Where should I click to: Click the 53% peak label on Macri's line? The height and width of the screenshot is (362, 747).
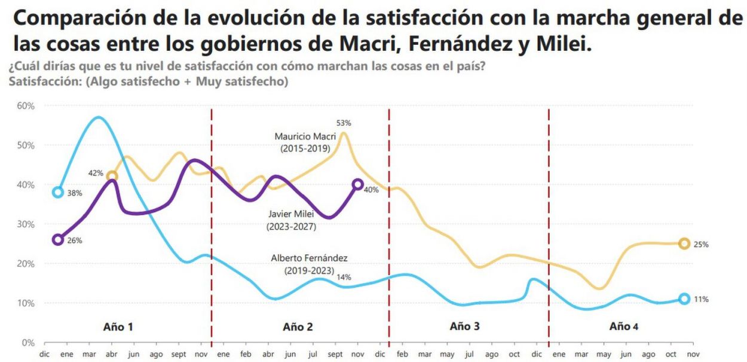(344, 123)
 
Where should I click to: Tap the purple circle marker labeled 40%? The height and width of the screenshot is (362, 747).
(357, 185)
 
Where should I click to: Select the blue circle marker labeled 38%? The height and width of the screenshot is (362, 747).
(58, 192)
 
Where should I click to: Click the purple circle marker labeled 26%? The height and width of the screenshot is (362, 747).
(58, 239)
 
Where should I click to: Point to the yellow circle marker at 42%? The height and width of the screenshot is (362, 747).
(112, 176)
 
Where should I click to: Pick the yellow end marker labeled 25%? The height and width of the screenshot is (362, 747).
(684, 244)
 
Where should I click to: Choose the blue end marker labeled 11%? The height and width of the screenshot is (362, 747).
(684, 299)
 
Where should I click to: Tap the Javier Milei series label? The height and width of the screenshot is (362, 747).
(291, 220)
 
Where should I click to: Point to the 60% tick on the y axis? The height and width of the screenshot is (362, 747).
(26, 105)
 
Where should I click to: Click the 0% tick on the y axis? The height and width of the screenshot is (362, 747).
(28, 342)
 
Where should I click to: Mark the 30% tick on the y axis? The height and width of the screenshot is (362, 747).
(26, 224)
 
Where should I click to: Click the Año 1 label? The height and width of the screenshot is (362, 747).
(118, 327)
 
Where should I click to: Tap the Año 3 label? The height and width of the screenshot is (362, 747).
(464, 326)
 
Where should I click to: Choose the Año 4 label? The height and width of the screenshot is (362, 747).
(624, 326)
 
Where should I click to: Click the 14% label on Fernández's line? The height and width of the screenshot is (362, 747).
(344, 277)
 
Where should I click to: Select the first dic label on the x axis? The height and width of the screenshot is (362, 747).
(44, 355)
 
